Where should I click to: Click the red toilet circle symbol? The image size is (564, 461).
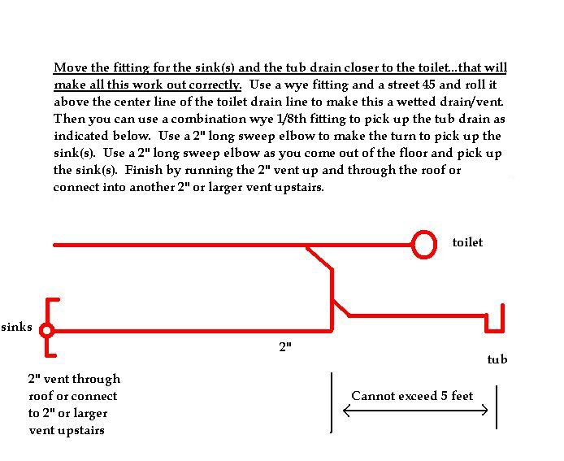(x=423, y=232)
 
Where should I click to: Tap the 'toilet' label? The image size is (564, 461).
(x=467, y=242)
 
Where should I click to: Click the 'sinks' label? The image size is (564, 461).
(x=16, y=327)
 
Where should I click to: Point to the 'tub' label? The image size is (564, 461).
(x=497, y=359)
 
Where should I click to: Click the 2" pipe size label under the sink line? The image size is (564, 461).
(x=285, y=347)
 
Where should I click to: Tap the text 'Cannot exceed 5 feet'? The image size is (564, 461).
(x=412, y=396)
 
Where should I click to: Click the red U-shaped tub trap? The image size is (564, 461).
(x=495, y=330)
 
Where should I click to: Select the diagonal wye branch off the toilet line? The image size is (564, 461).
(x=319, y=258)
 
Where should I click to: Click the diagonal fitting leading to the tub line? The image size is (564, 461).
(x=341, y=308)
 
